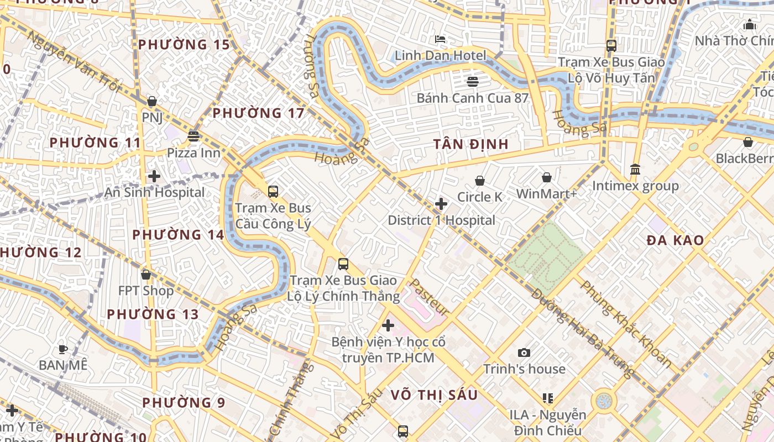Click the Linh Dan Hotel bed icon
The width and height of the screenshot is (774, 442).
(x=440, y=39)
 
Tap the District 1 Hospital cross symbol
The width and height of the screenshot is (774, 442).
(x=441, y=204)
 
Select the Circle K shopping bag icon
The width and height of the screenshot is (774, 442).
(x=480, y=181)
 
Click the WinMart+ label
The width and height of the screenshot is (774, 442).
(x=546, y=194)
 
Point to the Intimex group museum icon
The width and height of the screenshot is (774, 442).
(x=635, y=169)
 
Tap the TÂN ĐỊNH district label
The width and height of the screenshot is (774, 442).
(x=470, y=144)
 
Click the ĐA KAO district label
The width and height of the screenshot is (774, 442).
(x=675, y=240)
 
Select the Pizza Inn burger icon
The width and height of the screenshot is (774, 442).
(x=193, y=136)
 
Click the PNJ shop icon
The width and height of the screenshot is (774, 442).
(x=152, y=102)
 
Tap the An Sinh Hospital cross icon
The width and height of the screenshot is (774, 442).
(x=154, y=176)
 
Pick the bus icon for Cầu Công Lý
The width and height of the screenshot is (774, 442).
(x=273, y=192)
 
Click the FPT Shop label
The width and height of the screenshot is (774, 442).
(x=146, y=291)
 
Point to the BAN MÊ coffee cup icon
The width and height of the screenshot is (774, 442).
(x=63, y=349)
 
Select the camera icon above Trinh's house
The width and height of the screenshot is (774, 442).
(x=524, y=352)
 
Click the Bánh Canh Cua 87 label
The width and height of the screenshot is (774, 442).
(x=473, y=98)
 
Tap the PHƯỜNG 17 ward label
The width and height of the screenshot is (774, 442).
(x=258, y=113)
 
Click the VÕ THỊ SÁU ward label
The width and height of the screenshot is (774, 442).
(x=434, y=395)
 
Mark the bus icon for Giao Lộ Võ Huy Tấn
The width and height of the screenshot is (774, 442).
(x=611, y=46)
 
